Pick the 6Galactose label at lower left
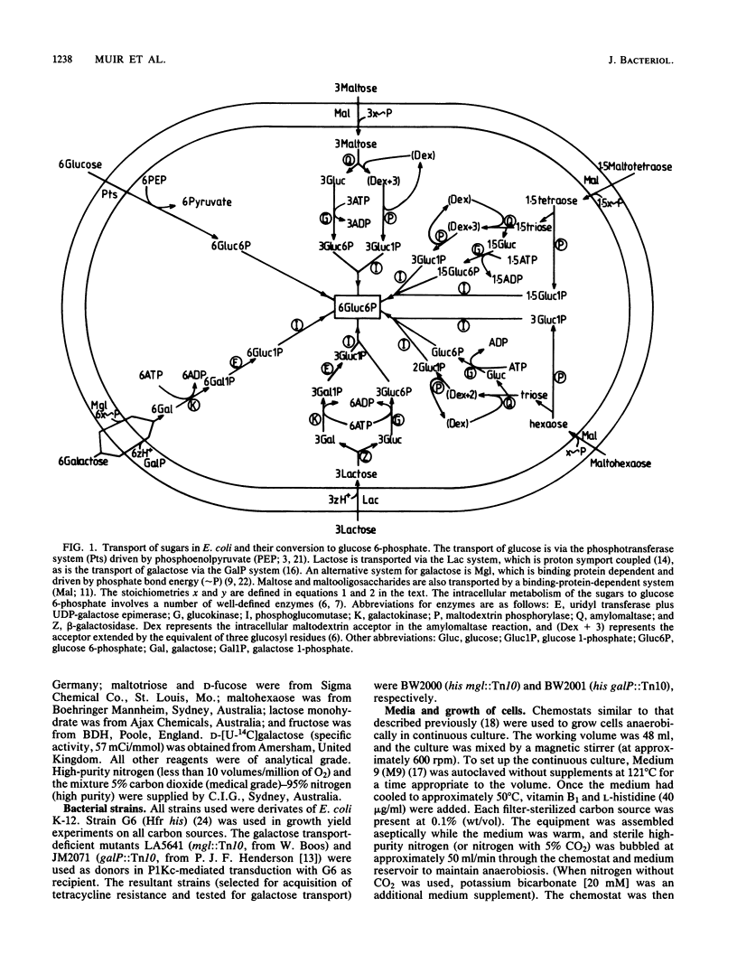point(82,463)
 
